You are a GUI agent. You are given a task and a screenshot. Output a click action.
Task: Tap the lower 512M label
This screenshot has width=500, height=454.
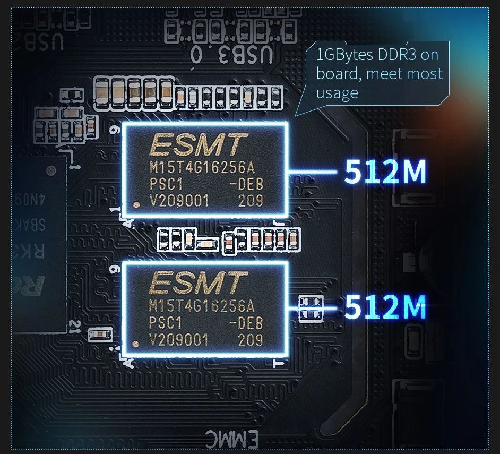[x=385, y=307]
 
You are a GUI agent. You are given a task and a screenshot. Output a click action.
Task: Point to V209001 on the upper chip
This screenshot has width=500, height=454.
[x=179, y=201]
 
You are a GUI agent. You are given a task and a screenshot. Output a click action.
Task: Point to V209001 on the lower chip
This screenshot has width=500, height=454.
[x=179, y=339]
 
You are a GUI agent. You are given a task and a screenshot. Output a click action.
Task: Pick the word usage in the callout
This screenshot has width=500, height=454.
[x=337, y=93]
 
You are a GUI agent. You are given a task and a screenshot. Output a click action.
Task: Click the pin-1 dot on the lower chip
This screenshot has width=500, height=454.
[x=136, y=342]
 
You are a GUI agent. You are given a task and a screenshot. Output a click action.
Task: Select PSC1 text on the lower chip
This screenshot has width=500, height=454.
[x=166, y=323]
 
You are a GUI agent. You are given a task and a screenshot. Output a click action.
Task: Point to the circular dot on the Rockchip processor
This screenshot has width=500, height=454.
[x=51, y=171]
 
